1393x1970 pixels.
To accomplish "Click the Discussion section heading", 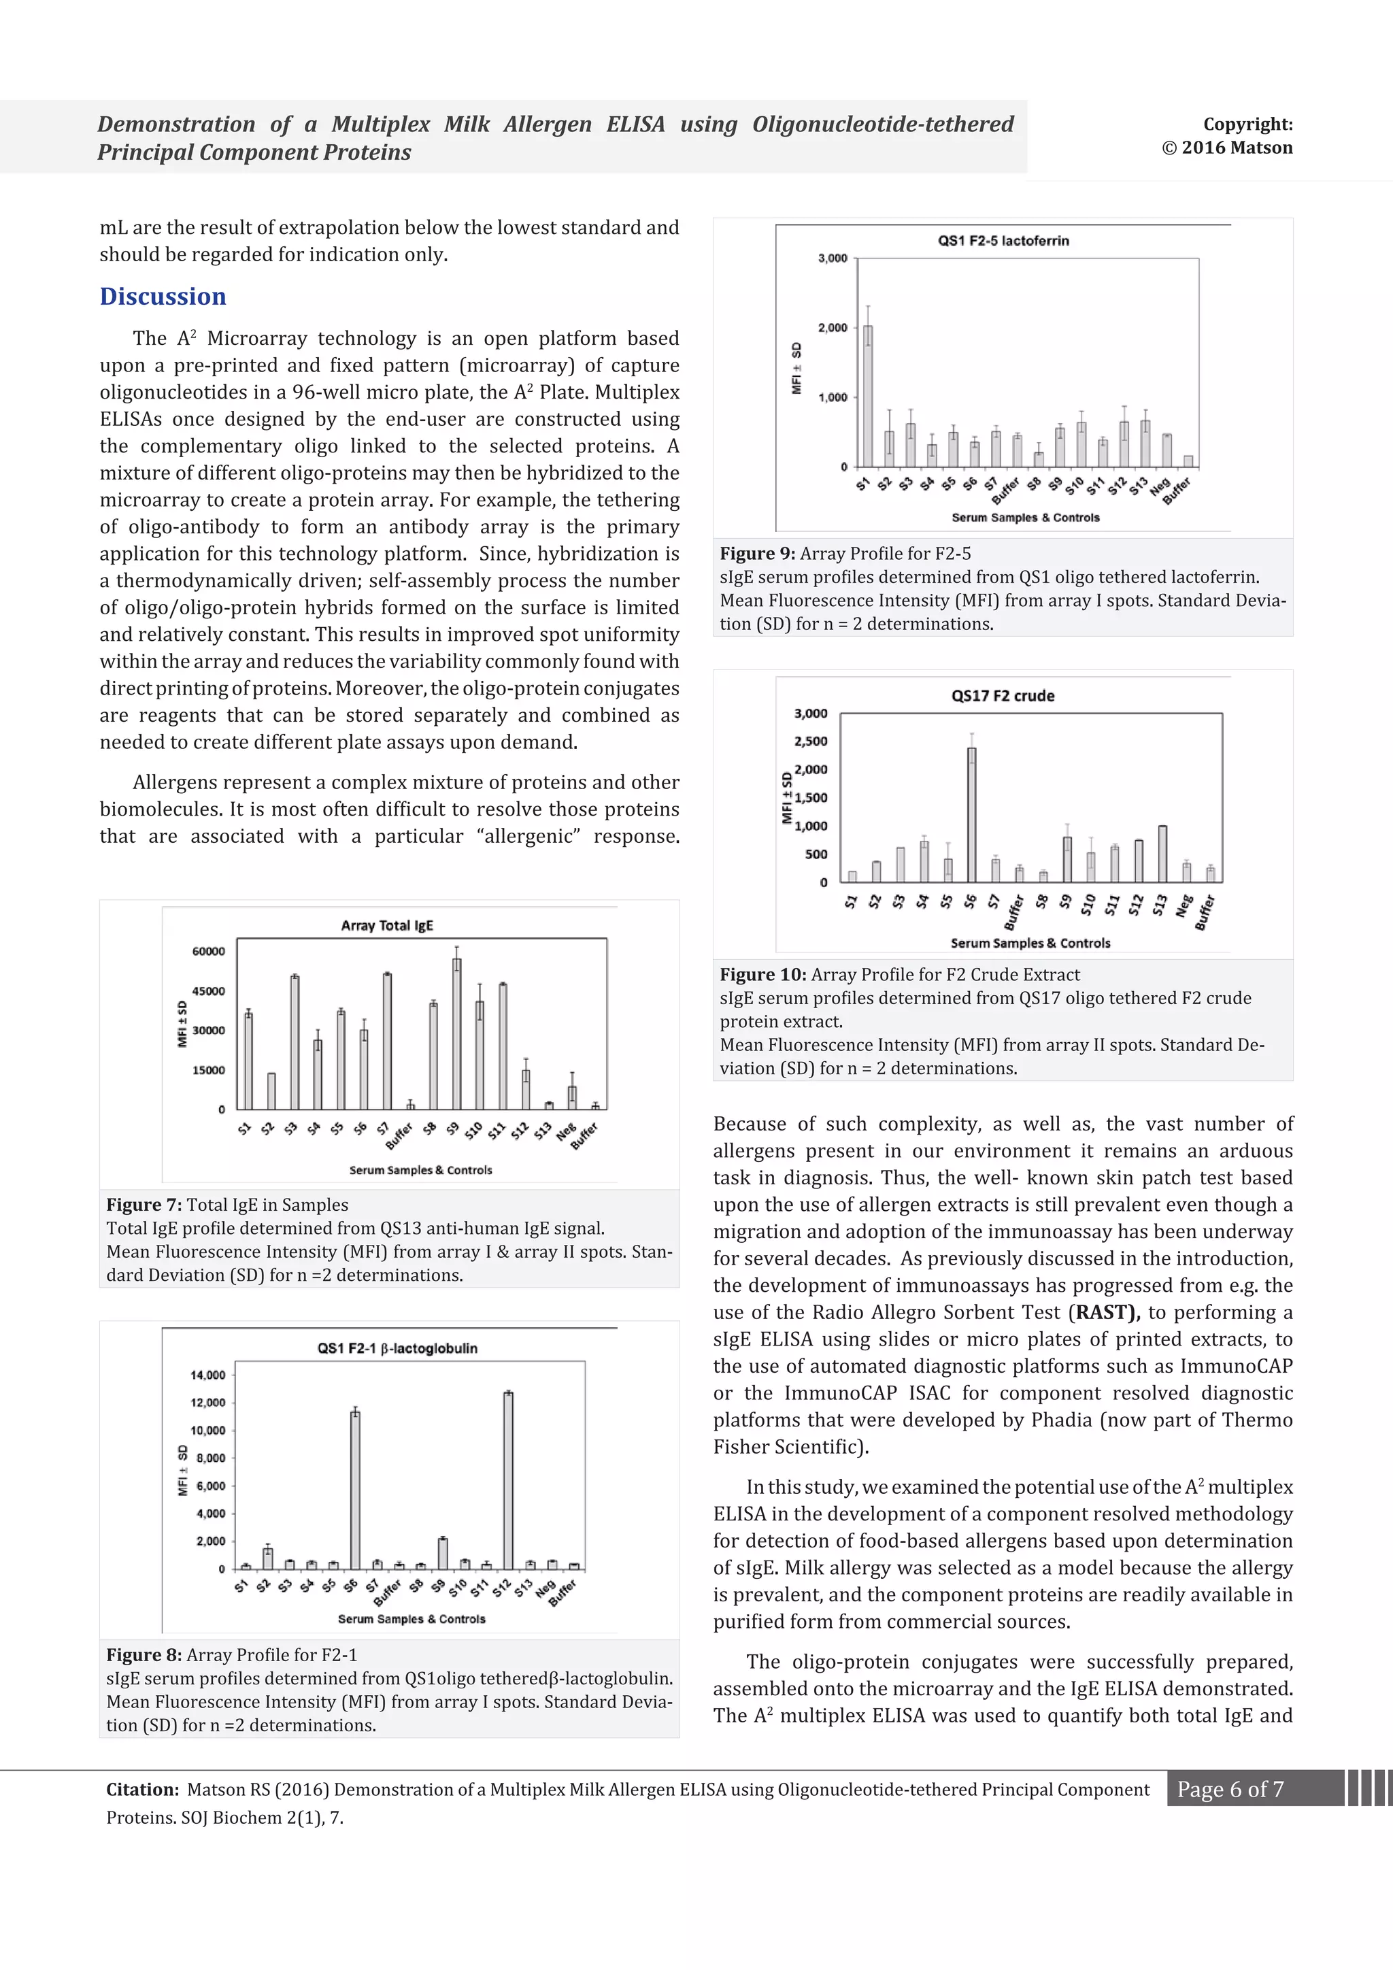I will (163, 296).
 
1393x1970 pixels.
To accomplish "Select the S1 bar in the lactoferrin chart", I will (868, 397).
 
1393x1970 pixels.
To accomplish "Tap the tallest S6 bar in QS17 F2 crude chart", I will (971, 815).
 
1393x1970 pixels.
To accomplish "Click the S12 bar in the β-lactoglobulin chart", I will (509, 1481).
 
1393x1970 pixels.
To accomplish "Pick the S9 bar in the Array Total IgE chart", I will (457, 1034).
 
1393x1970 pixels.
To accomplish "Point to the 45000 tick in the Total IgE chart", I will (208, 991).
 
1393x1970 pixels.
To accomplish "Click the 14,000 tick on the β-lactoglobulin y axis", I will (207, 1375).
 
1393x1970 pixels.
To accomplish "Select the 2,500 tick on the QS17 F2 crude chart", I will (811, 741).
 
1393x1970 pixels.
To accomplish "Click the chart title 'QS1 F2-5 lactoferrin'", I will (1003, 240).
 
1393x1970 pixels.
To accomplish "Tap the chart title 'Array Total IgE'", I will (387, 925).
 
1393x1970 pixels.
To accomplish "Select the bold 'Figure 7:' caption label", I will (144, 1205).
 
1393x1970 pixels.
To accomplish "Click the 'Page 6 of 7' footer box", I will (1230, 1789).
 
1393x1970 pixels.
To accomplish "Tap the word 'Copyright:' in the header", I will (1247, 124).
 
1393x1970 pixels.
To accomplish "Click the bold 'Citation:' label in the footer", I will (142, 1789).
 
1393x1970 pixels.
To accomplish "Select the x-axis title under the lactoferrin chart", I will (1025, 518).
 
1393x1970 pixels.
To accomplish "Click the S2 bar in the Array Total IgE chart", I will (271, 1090).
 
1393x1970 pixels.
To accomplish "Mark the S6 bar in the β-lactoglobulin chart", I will (355, 1490).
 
